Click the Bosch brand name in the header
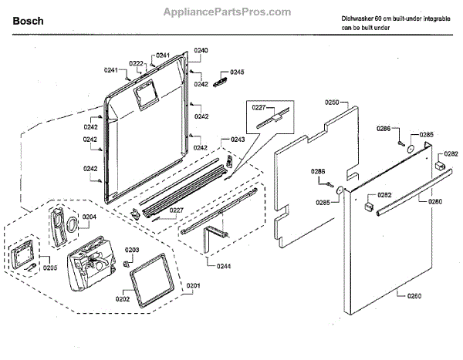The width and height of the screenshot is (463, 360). pyautogui.click(x=28, y=22)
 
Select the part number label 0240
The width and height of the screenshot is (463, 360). pyautogui.click(x=201, y=50)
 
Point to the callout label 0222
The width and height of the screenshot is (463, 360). pyautogui.click(x=136, y=63)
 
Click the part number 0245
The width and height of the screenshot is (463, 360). pyautogui.click(x=237, y=72)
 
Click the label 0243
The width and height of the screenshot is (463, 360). pyautogui.click(x=238, y=140)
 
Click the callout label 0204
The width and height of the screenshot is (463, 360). pyautogui.click(x=90, y=217)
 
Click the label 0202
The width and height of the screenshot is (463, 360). pyautogui.click(x=123, y=298)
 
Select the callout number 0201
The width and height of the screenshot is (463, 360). pyautogui.click(x=193, y=287)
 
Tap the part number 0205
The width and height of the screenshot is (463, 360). pyautogui.click(x=50, y=267)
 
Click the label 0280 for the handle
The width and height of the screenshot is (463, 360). pyautogui.click(x=435, y=202)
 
